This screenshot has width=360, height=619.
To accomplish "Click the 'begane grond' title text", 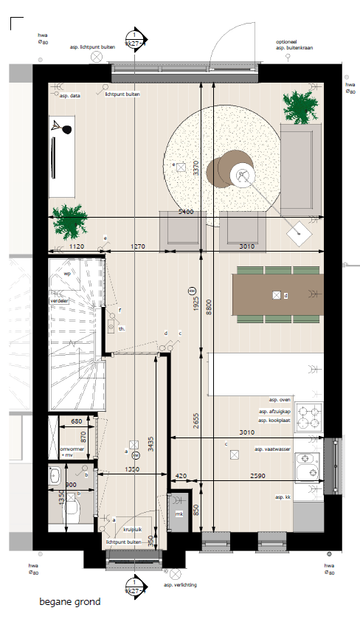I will click(70, 602).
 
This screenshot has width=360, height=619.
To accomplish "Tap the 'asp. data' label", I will click(70, 95).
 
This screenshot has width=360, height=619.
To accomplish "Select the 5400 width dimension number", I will click(187, 212).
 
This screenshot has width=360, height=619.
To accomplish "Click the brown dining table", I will click(277, 295).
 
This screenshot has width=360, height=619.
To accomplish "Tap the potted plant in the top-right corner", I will click(302, 108).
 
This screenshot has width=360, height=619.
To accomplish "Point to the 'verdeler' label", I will click(59, 302).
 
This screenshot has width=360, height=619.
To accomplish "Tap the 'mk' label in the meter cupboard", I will click(178, 513).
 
